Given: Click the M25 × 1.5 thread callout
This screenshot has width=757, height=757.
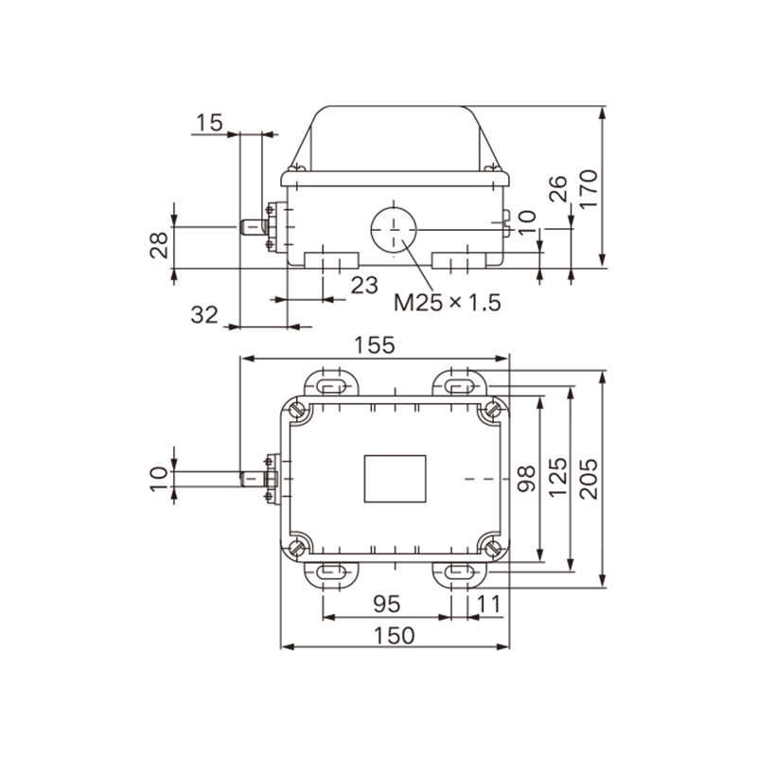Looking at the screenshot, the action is click(x=448, y=303).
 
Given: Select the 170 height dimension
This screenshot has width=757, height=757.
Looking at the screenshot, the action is click(x=589, y=188).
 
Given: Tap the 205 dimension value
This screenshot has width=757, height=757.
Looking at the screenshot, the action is click(x=589, y=479).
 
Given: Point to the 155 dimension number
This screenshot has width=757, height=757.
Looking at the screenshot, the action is click(x=374, y=345).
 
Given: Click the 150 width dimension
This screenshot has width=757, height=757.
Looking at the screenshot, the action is click(x=395, y=635).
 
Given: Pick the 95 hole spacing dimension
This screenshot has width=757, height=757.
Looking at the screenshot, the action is click(x=387, y=604).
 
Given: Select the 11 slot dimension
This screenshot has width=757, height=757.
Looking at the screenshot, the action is click(x=489, y=604).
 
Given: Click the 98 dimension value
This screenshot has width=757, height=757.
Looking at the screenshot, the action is click(x=526, y=479).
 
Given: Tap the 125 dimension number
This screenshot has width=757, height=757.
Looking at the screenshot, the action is click(x=557, y=477).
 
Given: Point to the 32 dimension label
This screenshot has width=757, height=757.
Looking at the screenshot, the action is click(x=204, y=315).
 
